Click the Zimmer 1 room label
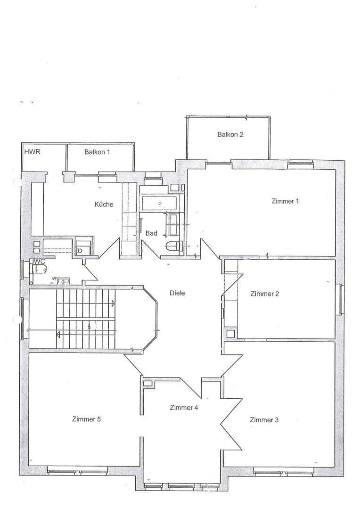pyautogui.click(x=286, y=201)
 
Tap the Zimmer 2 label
pyautogui.click(x=264, y=294)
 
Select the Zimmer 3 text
pyautogui.click(x=264, y=420)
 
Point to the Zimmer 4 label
pyautogui.click(x=184, y=408)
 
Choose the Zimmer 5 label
pyautogui.click(x=87, y=419)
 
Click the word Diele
pyautogui.click(x=177, y=293)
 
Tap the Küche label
pyautogui.click(x=104, y=205)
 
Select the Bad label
pyautogui.click(x=151, y=233)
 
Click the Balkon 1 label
pyautogui.click(x=98, y=152)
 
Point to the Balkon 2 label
pyautogui.click(x=230, y=134)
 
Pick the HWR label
pyautogui.click(x=33, y=152)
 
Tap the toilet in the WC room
pyautogui.click(x=40, y=269)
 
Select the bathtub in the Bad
pyautogui.click(x=160, y=204)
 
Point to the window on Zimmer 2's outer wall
pyautogui.click(x=339, y=299)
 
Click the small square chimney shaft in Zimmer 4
pyautogui.click(x=148, y=384)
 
